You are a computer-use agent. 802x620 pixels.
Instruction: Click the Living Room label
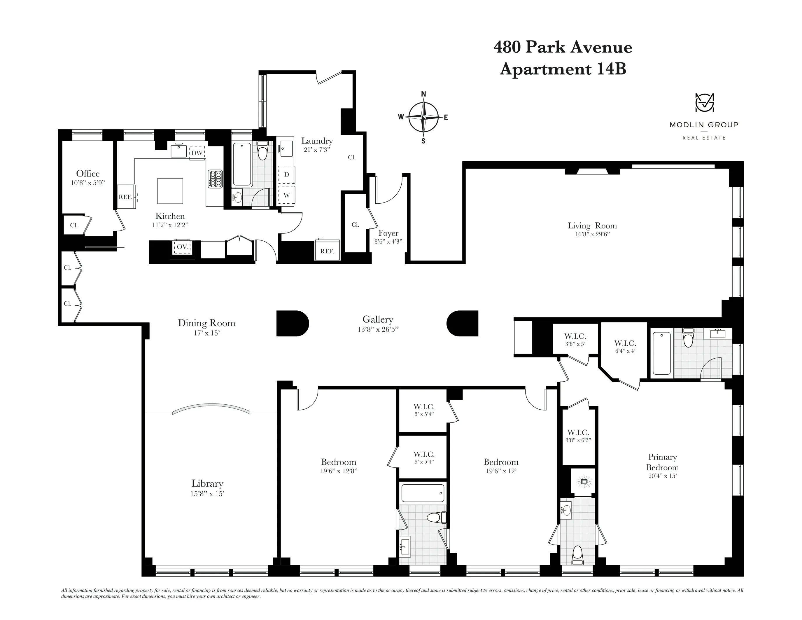[x=592, y=226]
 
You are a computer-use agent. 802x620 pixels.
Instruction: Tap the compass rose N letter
[x=423, y=94]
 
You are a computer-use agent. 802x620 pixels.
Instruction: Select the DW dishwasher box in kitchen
[x=197, y=153]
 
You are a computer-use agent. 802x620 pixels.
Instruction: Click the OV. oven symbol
[x=183, y=247]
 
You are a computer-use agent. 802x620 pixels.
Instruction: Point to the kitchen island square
[x=170, y=191]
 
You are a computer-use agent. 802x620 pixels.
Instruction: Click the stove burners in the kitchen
[x=216, y=179]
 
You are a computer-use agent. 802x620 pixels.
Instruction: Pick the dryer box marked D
[x=286, y=174]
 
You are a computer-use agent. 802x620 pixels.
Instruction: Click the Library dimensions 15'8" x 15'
[x=207, y=494]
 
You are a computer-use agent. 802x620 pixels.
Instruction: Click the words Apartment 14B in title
[x=563, y=69]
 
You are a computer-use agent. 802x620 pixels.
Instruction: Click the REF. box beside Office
[x=125, y=197]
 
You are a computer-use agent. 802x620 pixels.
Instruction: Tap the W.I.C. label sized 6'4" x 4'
[x=625, y=343]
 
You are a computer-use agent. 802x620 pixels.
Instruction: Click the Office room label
[x=88, y=173]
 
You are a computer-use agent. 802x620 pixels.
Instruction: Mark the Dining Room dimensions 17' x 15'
[x=206, y=333]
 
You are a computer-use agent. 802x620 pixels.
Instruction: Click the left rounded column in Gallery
[x=292, y=324]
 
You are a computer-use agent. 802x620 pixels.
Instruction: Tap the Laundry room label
[x=317, y=141]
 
